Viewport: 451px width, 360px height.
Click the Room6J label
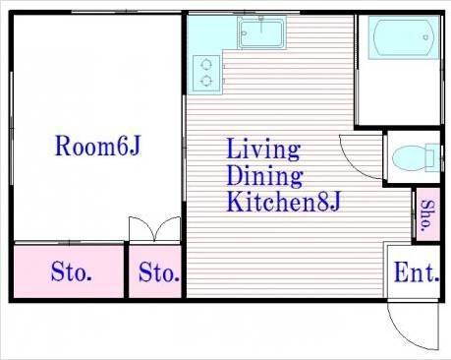click(x=98, y=146)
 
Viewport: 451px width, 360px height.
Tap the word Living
click(x=263, y=150)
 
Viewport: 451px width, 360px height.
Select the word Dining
click(x=264, y=176)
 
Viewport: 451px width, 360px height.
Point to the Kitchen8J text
click(x=284, y=202)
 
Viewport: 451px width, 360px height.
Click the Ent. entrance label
click(x=417, y=272)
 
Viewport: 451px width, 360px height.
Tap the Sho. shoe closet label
click(x=428, y=214)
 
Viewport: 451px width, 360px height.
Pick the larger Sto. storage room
click(x=69, y=271)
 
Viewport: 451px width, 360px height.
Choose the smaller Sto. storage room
click(x=155, y=271)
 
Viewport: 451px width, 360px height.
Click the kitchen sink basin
click(x=261, y=32)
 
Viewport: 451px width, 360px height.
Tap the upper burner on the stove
click(x=206, y=64)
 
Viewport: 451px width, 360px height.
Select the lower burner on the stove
click(x=206, y=81)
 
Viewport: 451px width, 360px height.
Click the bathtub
click(x=404, y=37)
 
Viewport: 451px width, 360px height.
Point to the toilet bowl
click(x=410, y=157)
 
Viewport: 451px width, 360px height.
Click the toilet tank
click(x=432, y=157)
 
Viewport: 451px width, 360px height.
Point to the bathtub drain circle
click(x=425, y=37)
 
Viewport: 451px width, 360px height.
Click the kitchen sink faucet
click(x=261, y=24)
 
